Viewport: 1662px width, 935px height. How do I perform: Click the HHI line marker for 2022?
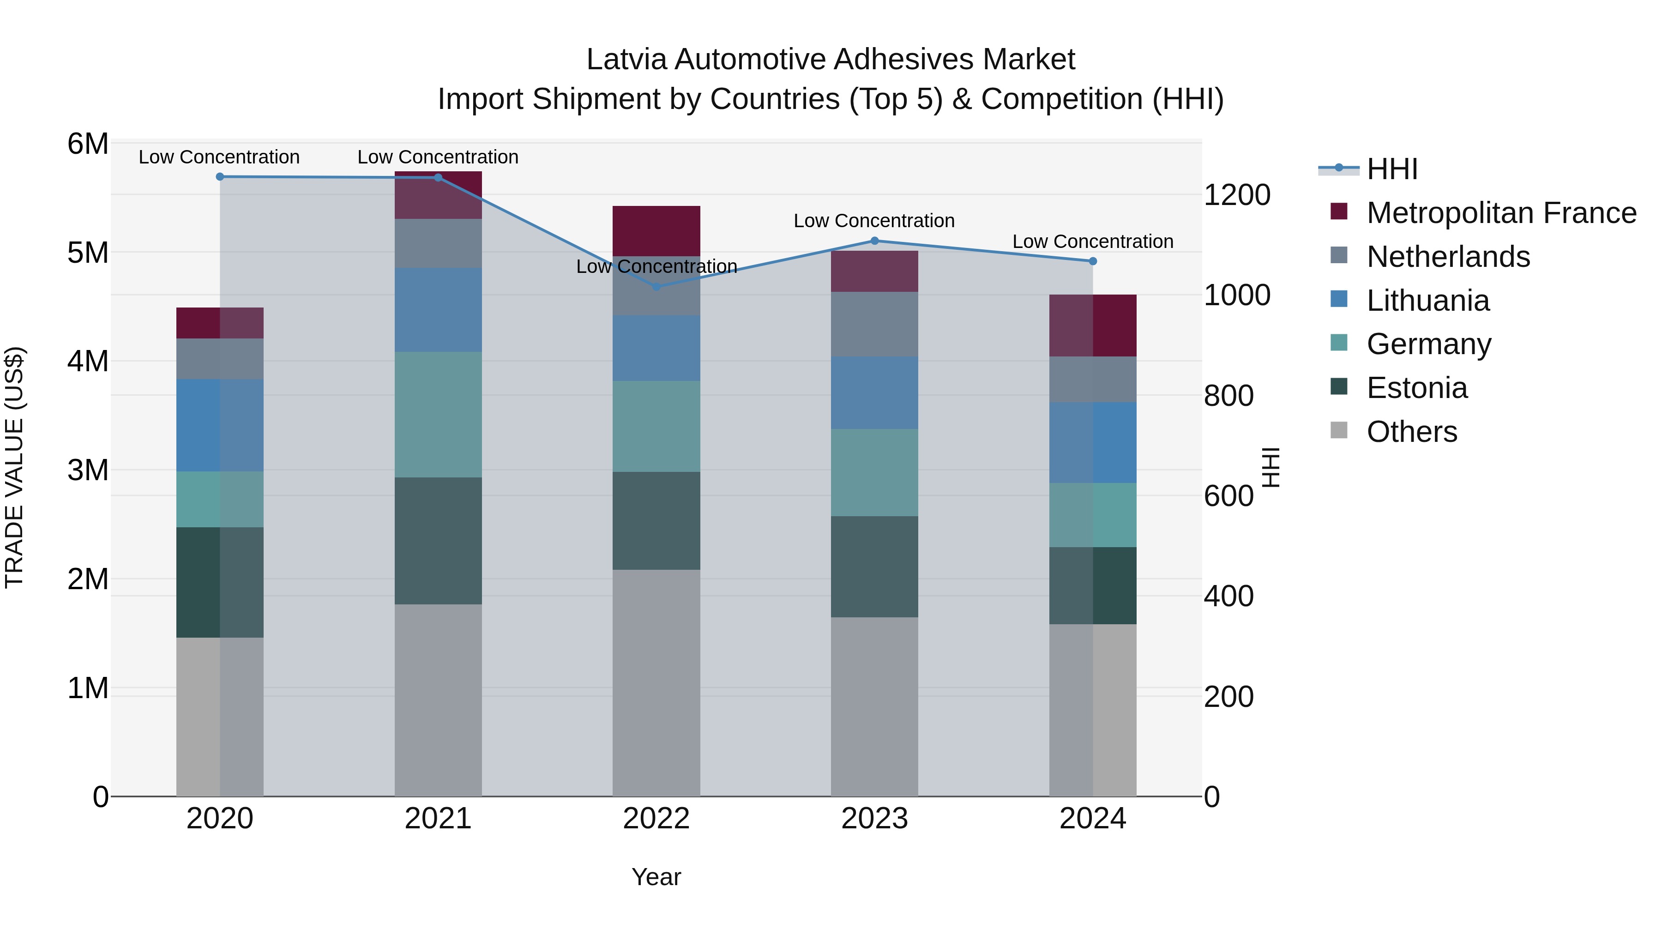coord(656,286)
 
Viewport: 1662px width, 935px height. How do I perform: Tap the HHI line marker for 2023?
coord(874,241)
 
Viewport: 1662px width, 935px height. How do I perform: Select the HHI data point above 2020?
coord(220,176)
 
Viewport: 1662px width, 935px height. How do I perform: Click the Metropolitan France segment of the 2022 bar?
coord(656,231)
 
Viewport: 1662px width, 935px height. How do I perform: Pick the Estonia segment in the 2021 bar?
coord(438,541)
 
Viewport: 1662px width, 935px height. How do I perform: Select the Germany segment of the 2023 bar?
coord(874,472)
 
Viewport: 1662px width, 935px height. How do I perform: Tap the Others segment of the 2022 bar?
coord(656,683)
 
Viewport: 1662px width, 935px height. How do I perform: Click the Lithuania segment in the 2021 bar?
coord(438,310)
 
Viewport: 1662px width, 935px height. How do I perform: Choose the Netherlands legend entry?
coord(1448,257)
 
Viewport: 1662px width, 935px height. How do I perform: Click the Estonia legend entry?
coord(1417,388)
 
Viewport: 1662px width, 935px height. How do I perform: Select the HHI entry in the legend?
coord(1391,169)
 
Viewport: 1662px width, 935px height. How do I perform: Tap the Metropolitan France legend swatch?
coord(1339,211)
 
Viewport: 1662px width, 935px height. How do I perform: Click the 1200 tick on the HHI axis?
coord(1237,195)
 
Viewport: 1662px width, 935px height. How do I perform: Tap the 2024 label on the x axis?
coord(1092,819)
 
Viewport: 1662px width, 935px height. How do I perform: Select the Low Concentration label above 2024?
coord(1092,241)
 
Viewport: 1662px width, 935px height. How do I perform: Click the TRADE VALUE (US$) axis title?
coord(14,467)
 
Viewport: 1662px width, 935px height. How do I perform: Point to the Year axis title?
coord(656,877)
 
